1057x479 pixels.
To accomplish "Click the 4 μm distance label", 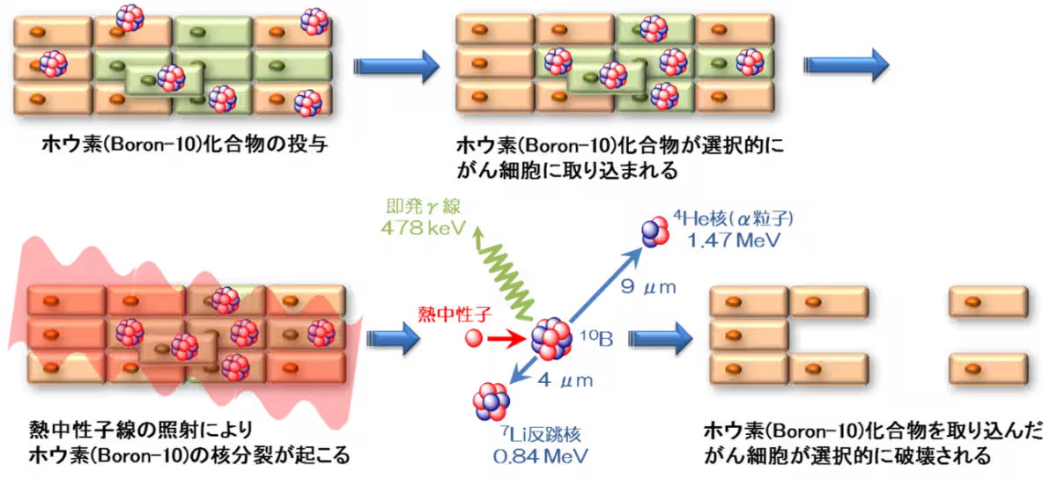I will (x=565, y=380).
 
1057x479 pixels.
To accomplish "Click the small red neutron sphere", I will (x=474, y=337).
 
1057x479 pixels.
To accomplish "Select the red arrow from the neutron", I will (x=506, y=337).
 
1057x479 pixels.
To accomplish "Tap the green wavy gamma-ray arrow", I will (x=501, y=273).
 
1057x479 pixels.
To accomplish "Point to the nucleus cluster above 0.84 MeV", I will (x=491, y=402).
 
